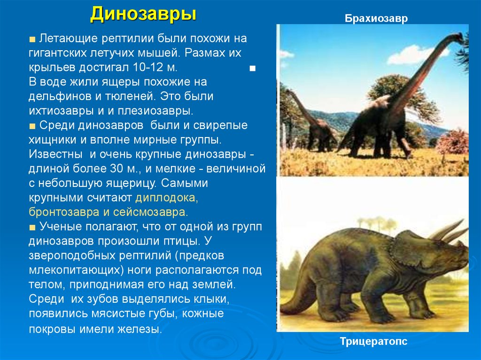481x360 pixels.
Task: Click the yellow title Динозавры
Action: (143, 15)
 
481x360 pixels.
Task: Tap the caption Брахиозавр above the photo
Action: (376, 18)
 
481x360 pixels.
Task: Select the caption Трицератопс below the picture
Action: (373, 341)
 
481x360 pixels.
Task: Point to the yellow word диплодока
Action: (167, 198)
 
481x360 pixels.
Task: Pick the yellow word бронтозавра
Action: (64, 212)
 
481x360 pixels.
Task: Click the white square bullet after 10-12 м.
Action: (252, 69)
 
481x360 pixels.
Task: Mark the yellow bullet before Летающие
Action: (32, 39)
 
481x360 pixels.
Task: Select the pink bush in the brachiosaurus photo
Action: (453, 142)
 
